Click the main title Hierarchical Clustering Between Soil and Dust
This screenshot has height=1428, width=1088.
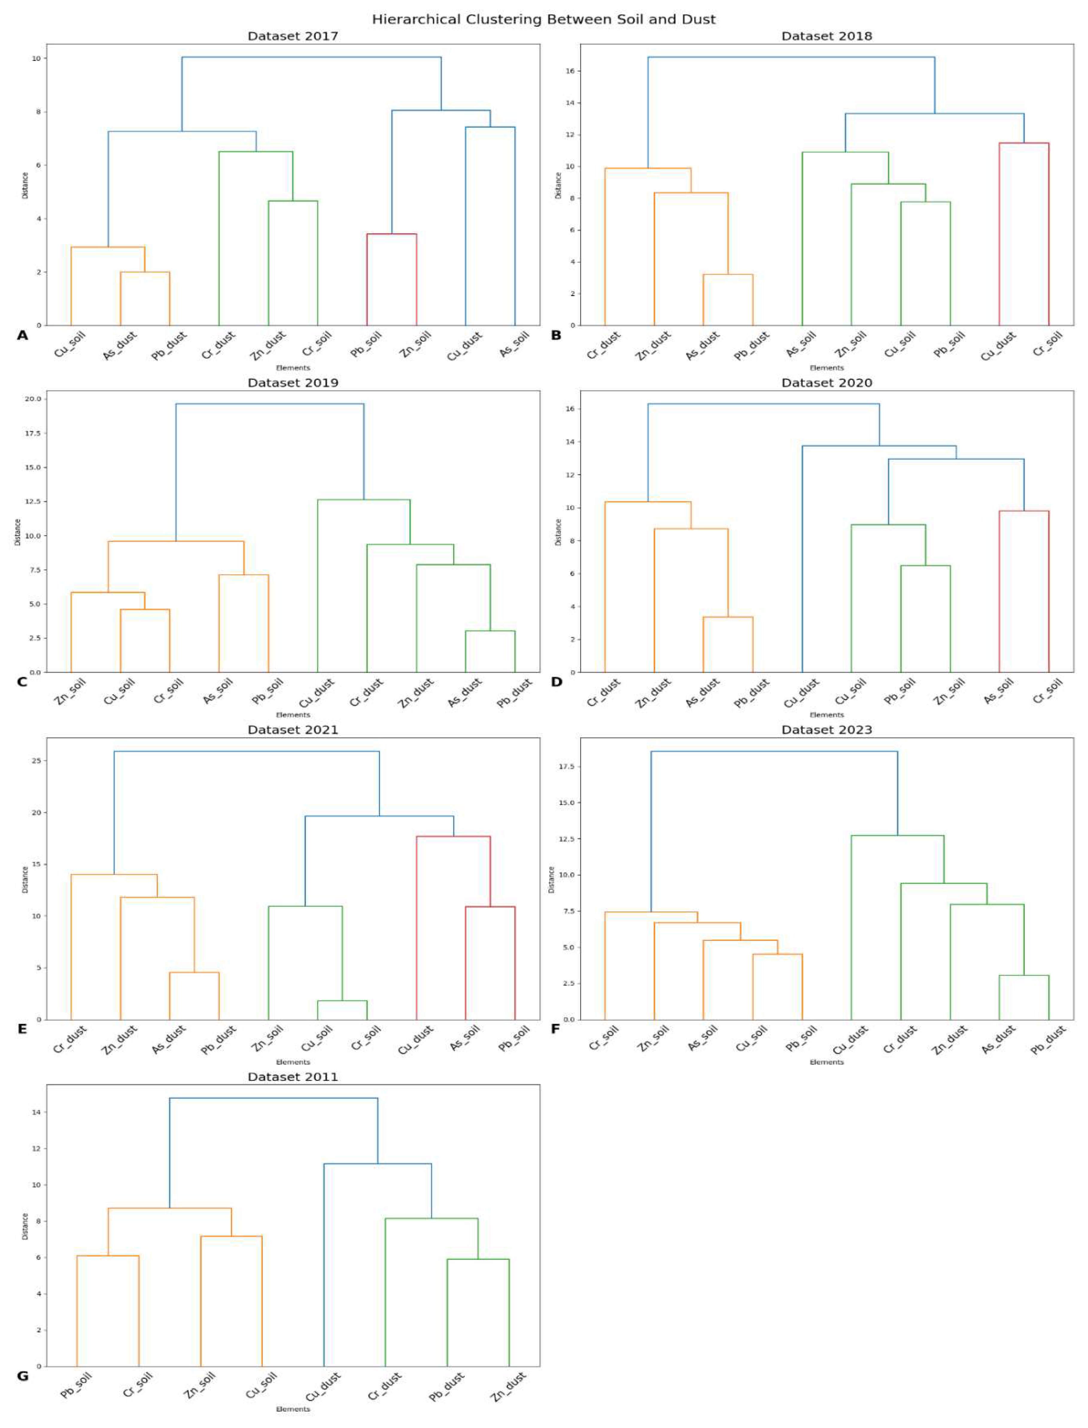point(543,19)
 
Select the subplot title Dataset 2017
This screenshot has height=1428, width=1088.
point(293,36)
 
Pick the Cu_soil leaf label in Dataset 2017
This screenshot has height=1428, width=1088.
point(70,345)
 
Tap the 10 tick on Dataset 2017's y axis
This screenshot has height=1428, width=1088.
point(36,58)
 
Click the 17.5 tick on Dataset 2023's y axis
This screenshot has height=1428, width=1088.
point(567,766)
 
